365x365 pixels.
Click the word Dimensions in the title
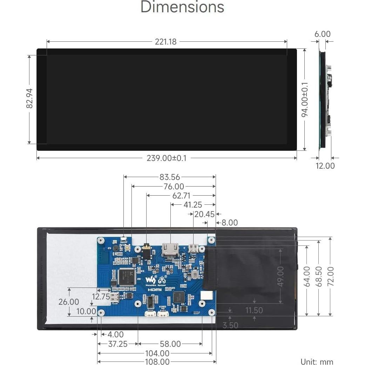click(x=182, y=8)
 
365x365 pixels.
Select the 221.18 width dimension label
click(x=166, y=42)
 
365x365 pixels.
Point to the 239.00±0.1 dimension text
click(x=167, y=158)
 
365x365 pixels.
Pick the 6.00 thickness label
click(x=322, y=34)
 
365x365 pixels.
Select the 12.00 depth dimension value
click(x=325, y=166)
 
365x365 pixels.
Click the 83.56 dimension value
click(x=170, y=177)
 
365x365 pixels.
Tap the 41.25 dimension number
click(x=193, y=205)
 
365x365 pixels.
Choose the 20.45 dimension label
click(x=204, y=214)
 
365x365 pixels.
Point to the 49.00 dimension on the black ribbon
click(x=280, y=276)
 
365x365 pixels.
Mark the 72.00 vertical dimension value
click(x=330, y=276)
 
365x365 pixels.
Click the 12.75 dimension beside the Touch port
click(x=101, y=297)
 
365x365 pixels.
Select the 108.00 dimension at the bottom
click(x=157, y=361)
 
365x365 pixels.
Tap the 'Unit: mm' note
click(x=317, y=361)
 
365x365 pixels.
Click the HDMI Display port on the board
click(x=170, y=249)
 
